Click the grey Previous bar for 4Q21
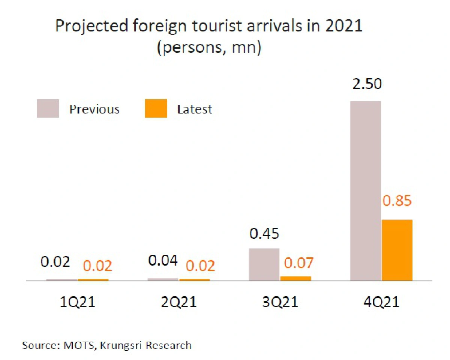click(x=365, y=191)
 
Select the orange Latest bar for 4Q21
click(x=397, y=250)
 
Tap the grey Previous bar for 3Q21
click(x=264, y=264)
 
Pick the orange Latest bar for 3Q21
click(x=295, y=278)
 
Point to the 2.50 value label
click(x=367, y=84)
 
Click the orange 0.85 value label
click(x=397, y=201)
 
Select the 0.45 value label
click(x=264, y=234)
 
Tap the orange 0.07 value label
click(x=298, y=263)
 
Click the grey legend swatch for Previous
click(x=48, y=109)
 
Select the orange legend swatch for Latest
click(x=156, y=109)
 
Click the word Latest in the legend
click(x=195, y=109)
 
